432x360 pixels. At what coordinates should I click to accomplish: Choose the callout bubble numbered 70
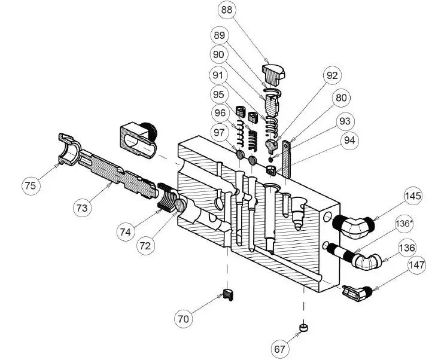coord(183,319)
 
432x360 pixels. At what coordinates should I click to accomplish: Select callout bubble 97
coord(221,131)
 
